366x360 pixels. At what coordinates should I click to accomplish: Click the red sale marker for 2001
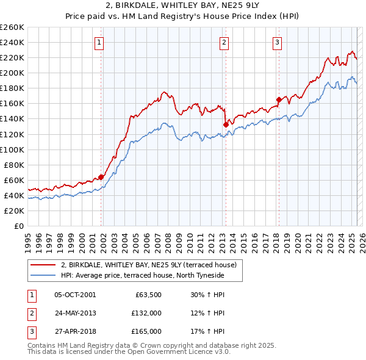tap(101, 177)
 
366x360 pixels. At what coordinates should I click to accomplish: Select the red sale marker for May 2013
tap(226, 124)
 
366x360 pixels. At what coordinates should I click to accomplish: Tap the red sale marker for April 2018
tap(278, 99)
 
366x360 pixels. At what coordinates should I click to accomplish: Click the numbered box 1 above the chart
tap(99, 42)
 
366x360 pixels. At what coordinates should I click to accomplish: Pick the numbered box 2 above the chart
tap(224, 42)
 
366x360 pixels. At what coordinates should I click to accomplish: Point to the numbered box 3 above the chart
tap(277, 42)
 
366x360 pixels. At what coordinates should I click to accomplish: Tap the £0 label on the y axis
tap(18, 226)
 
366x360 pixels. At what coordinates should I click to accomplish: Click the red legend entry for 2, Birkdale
tap(152, 264)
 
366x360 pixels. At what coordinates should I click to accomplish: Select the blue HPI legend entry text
tap(142, 275)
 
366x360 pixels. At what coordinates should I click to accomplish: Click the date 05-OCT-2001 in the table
tap(75, 295)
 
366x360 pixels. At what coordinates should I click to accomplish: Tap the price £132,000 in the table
tap(147, 313)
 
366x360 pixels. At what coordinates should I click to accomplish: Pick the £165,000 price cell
tap(147, 331)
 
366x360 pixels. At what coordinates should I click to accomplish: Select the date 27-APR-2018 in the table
tap(75, 331)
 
